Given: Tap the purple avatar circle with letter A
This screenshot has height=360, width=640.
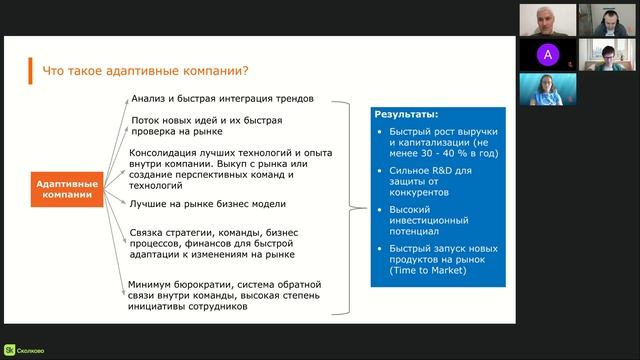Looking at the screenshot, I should tap(546, 53).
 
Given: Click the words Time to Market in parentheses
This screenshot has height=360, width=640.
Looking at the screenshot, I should tap(431, 271).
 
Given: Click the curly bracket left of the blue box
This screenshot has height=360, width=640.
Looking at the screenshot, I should tap(352, 208).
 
